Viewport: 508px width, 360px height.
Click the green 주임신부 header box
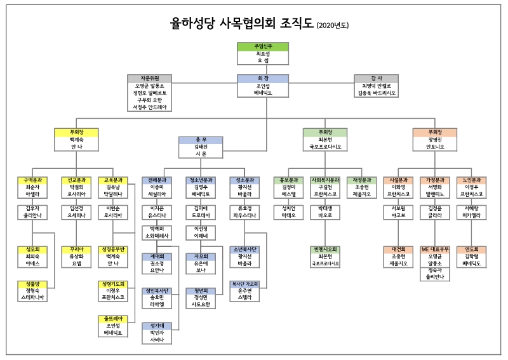click(263, 46)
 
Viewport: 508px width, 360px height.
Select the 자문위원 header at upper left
click(149, 78)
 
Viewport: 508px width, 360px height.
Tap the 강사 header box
click(378, 78)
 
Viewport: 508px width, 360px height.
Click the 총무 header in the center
click(201, 140)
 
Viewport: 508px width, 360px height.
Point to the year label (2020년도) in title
click(333, 25)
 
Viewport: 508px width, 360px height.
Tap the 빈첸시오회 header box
click(325, 250)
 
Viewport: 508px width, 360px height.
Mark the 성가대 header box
click(157, 325)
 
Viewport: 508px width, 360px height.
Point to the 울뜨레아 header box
click(113, 318)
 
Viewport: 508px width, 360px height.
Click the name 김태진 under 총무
click(201, 147)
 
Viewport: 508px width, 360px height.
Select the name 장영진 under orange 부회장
click(434, 140)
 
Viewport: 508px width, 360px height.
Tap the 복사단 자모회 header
click(244, 284)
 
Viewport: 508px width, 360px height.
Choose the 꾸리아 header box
click(76, 250)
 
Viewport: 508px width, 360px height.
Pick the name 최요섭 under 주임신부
click(263, 54)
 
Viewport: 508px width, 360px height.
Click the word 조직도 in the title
click(297, 24)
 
